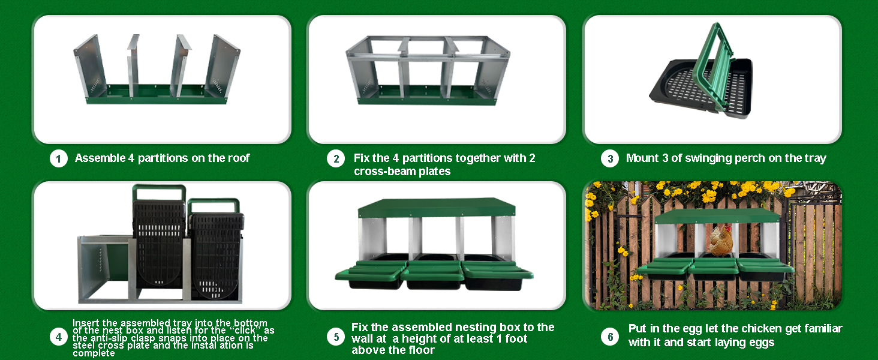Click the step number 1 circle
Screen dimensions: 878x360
(x=59, y=159)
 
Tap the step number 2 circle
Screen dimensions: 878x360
(x=336, y=159)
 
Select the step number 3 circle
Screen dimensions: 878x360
(x=610, y=159)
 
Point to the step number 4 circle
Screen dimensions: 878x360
(x=59, y=337)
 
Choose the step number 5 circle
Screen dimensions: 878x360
(x=336, y=337)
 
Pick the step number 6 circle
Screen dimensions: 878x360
(x=610, y=337)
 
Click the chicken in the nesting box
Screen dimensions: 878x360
(x=721, y=241)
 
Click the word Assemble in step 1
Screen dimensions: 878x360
(x=100, y=158)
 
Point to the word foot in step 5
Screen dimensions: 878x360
(x=516, y=338)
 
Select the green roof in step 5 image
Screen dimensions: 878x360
(x=436, y=208)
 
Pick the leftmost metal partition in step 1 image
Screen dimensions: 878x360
(x=89, y=67)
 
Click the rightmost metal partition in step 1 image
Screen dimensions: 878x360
(x=222, y=67)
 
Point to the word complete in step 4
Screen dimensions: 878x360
(x=94, y=353)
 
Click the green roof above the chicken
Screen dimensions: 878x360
(x=717, y=216)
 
